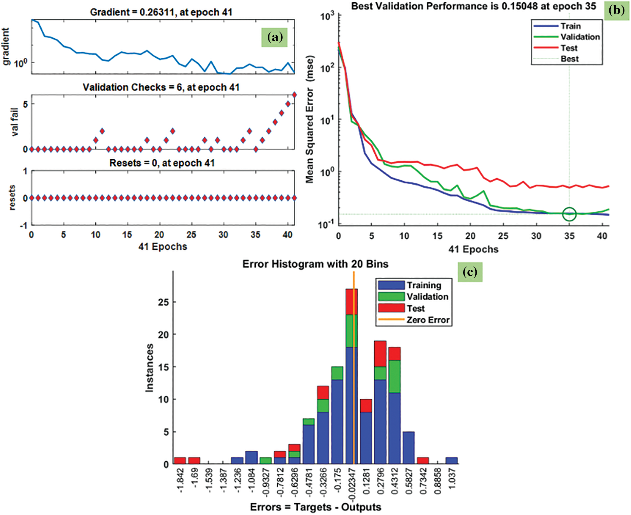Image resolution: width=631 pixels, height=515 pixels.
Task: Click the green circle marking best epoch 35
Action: coord(569,214)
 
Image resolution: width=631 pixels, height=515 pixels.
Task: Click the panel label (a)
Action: coord(274,37)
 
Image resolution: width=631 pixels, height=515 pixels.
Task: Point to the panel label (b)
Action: coord(616,10)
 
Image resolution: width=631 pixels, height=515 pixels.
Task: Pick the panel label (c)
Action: coord(470,272)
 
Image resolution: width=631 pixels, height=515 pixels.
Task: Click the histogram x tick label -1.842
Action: coord(181,479)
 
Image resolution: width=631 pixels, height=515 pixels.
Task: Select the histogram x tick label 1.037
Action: coord(452,479)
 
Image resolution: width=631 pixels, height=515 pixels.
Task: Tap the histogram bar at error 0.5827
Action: coord(408,448)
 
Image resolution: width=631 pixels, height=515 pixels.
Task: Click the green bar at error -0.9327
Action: coord(266,461)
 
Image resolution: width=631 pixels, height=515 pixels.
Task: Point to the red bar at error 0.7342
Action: coord(423,461)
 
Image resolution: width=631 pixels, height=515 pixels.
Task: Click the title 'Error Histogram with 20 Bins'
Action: coord(315,264)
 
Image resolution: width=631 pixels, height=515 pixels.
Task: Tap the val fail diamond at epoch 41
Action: coord(294,95)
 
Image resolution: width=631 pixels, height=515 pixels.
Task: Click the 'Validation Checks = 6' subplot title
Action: coord(161,87)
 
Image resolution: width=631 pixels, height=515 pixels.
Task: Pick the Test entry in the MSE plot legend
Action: coord(569,48)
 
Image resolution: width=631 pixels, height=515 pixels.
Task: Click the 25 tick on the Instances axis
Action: coord(163,302)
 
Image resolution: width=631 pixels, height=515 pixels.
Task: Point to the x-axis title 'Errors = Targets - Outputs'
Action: coord(315,507)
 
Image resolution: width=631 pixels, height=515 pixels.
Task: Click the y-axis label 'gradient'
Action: coord(6,47)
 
